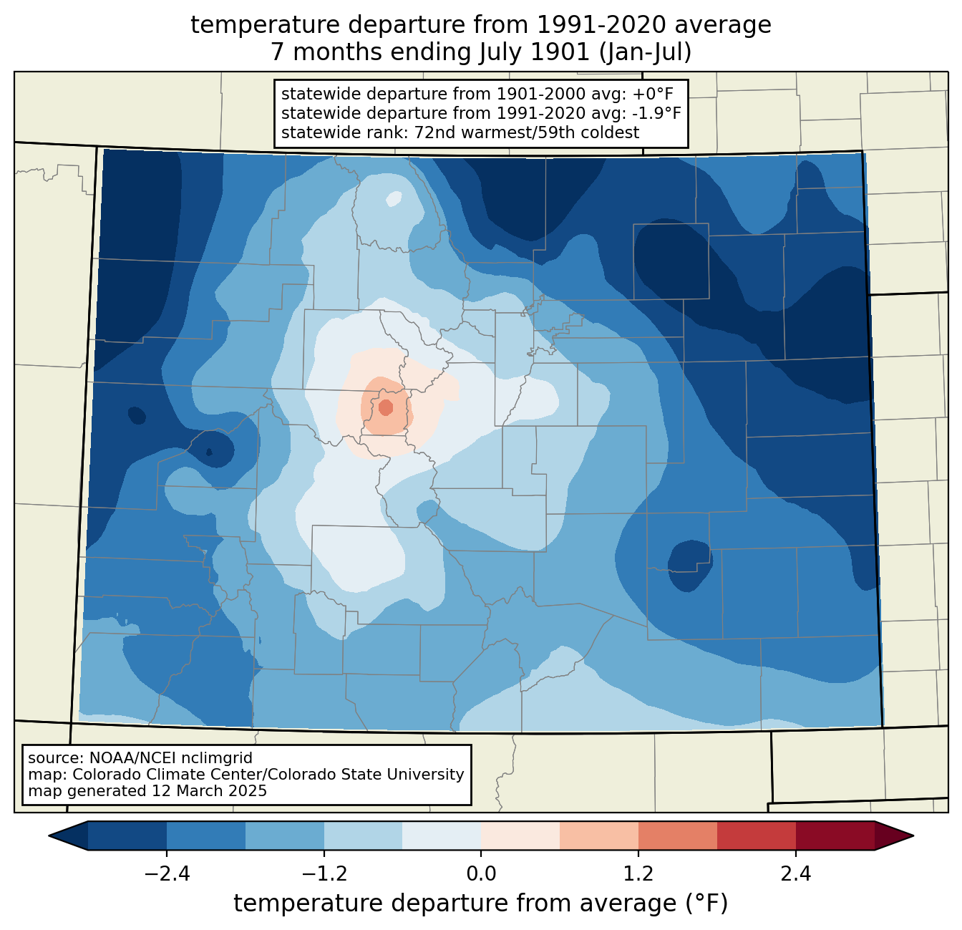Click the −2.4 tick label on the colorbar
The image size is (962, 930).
(x=167, y=874)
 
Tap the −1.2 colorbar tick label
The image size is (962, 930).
(x=324, y=874)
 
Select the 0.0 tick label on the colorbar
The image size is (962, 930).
(x=481, y=874)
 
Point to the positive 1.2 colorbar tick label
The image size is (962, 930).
(x=638, y=874)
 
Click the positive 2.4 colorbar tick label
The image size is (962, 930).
(x=795, y=874)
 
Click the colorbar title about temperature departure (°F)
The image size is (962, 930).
(x=481, y=904)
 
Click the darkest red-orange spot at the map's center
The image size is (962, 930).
(x=386, y=407)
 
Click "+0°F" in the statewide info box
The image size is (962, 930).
(x=653, y=95)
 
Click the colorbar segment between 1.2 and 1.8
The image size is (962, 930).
(x=677, y=835)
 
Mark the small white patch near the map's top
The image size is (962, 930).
(x=394, y=198)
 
